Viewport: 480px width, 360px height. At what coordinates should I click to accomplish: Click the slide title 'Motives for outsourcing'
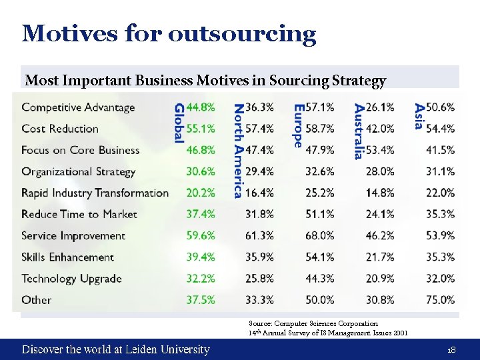click(x=169, y=33)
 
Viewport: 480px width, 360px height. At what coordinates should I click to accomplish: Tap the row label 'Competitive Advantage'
click(x=78, y=107)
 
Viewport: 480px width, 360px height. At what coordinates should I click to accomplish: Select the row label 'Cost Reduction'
click(x=60, y=129)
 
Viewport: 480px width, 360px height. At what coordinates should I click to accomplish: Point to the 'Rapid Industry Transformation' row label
click(x=95, y=193)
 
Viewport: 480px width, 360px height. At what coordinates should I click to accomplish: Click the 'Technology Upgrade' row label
click(x=71, y=278)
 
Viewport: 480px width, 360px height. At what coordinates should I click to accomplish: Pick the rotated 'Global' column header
click(x=179, y=123)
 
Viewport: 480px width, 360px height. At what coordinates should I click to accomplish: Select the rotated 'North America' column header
click(x=239, y=151)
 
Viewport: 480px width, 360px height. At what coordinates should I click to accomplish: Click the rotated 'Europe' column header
click(x=298, y=125)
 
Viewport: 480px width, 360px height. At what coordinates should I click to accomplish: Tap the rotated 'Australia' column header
click(x=359, y=131)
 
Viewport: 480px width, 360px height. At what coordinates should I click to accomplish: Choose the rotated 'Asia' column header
click(x=419, y=117)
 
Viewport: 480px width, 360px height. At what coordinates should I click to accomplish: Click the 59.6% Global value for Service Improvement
click(x=201, y=235)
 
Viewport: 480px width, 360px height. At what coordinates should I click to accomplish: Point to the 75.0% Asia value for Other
click(x=440, y=299)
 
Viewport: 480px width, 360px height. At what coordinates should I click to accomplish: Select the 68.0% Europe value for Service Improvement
click(x=319, y=235)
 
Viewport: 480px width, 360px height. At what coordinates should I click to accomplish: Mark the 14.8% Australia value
click(x=380, y=193)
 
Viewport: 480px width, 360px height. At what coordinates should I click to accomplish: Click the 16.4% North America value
click(x=260, y=193)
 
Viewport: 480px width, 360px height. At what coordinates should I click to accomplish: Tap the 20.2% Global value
click(x=201, y=193)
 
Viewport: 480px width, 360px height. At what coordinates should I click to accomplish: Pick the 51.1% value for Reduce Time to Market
click(x=319, y=214)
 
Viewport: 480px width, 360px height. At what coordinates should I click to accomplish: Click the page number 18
click(x=451, y=349)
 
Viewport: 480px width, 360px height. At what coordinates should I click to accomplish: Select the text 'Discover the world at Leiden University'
click(x=115, y=349)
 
